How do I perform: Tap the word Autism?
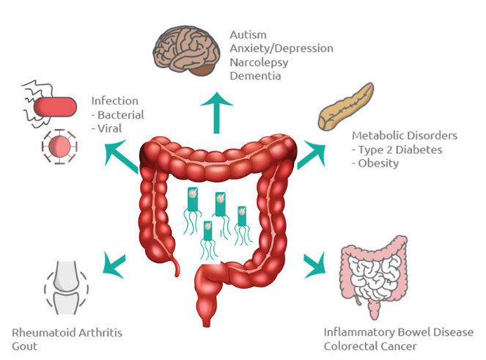coord(247,34)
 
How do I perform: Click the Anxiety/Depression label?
coord(281,48)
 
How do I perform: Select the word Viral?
coord(110,129)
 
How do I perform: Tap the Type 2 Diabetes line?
coord(394,150)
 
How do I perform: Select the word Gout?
coord(25,345)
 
